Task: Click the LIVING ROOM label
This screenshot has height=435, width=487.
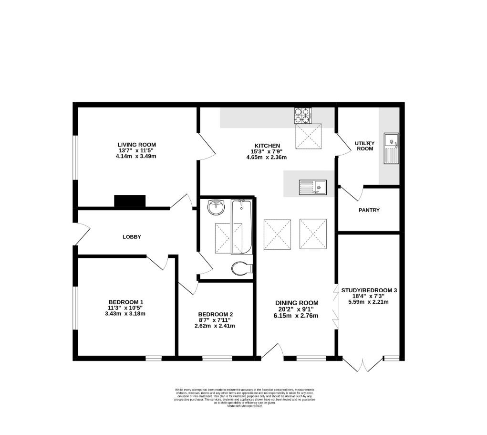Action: click(137, 145)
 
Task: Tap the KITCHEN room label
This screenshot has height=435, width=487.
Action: click(267, 146)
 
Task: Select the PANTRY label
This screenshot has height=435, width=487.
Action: click(368, 210)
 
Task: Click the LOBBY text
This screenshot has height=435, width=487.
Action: click(132, 237)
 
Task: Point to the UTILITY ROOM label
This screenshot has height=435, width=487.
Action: click(365, 146)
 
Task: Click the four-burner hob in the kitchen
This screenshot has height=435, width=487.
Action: click(302, 115)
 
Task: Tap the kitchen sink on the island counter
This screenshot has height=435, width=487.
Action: click(312, 187)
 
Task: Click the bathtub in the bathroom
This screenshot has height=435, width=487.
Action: click(241, 227)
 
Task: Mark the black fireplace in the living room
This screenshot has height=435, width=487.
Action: click(130, 202)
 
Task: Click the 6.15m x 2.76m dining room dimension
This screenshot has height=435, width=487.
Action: click(296, 316)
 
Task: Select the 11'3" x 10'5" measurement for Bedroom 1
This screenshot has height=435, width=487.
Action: click(126, 308)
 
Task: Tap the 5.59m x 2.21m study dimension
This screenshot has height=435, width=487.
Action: click(368, 302)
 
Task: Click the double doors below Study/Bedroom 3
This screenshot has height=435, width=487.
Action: click(363, 364)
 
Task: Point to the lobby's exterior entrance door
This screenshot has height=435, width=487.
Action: click(81, 234)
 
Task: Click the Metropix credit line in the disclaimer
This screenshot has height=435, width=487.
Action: click(245, 406)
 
